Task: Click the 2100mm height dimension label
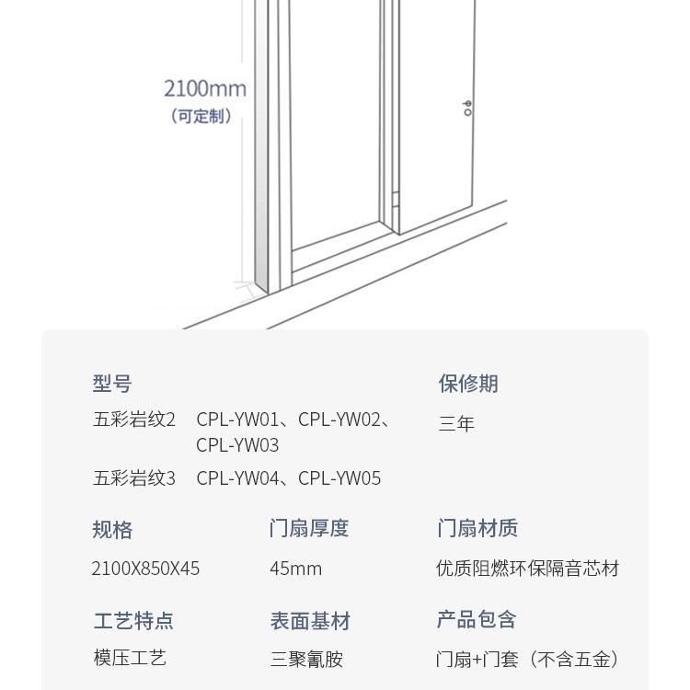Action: (205, 88)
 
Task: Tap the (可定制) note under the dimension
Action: (201, 116)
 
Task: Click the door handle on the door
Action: (467, 108)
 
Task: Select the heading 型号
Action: (112, 384)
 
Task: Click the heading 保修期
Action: (468, 384)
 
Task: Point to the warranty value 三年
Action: (456, 424)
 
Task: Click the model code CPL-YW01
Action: (236, 420)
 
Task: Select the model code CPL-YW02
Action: (339, 420)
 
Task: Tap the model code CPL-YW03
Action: (237, 445)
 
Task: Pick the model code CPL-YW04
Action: (236, 478)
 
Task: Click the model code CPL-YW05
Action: (339, 478)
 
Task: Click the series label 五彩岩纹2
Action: (134, 420)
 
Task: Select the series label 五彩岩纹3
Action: (134, 478)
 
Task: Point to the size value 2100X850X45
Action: (145, 569)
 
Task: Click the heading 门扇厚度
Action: (309, 528)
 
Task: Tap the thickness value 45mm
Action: (295, 569)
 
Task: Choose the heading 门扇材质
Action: (477, 528)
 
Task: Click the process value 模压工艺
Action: (130, 659)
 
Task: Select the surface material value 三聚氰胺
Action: (306, 660)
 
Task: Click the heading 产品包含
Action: (477, 620)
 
